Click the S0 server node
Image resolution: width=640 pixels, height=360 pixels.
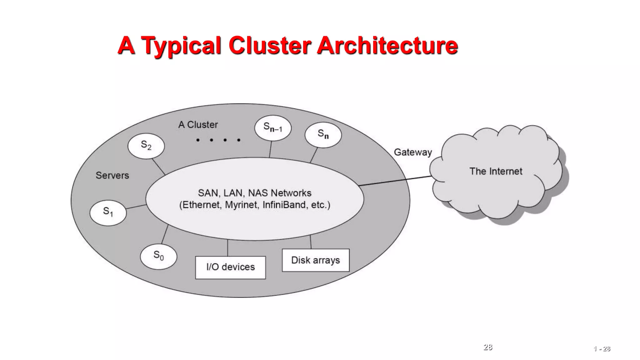point(158,256)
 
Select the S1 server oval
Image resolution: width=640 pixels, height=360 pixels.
point(108,212)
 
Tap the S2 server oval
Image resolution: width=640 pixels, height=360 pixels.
point(146,146)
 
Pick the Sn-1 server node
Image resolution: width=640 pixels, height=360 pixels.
point(272,128)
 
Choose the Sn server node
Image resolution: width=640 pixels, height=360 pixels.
point(323,135)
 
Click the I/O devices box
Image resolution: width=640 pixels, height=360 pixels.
point(230,267)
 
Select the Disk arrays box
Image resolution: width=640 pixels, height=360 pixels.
point(315,260)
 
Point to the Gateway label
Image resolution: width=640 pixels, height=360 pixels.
point(412,152)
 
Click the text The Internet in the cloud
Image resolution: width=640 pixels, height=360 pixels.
point(496,171)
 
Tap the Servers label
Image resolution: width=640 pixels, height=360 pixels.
point(112,175)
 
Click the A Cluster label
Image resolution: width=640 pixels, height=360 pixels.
point(198,125)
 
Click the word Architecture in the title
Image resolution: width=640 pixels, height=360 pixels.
point(387,46)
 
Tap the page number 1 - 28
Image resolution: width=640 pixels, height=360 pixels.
point(602,349)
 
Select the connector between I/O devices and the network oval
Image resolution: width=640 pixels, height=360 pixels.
point(227,248)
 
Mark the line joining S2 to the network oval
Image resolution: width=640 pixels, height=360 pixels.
point(158,167)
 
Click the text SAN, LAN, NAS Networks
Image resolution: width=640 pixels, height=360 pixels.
point(254,193)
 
